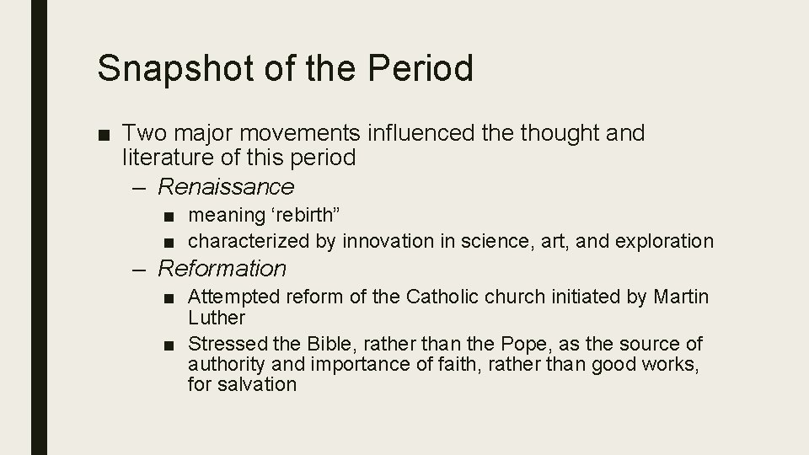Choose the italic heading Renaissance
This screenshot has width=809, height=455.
(226, 185)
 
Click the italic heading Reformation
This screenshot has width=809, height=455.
(222, 269)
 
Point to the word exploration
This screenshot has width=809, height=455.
(664, 241)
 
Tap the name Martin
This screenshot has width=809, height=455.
(681, 297)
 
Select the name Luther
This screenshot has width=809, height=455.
(216, 318)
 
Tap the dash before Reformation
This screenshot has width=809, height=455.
(141, 269)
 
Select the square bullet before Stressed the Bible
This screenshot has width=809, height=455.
(171, 345)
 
